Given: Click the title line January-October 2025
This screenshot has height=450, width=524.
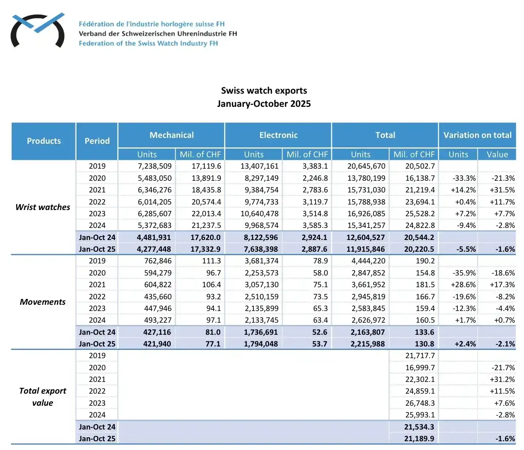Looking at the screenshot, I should [x=264, y=104].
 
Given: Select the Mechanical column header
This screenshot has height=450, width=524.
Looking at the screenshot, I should [x=171, y=135].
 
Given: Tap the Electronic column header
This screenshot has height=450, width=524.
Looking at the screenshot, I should [x=278, y=135].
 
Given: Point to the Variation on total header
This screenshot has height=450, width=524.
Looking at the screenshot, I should [x=477, y=135].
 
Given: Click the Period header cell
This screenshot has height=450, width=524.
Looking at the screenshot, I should [x=97, y=141].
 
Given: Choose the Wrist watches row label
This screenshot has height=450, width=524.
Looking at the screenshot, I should [x=43, y=207].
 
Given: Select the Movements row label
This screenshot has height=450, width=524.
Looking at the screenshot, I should [x=43, y=302].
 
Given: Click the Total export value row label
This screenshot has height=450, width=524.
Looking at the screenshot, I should [x=43, y=397].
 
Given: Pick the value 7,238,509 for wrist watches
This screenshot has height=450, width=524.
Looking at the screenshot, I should [x=155, y=166].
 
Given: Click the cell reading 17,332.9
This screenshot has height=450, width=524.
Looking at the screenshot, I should [x=206, y=249].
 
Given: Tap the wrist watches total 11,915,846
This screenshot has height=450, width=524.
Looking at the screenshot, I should [x=366, y=249].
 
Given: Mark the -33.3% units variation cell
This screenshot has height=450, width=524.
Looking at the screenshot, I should [x=464, y=178].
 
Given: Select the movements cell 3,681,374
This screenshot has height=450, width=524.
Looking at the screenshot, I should [x=261, y=261].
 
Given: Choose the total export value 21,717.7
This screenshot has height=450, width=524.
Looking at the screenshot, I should [x=420, y=356].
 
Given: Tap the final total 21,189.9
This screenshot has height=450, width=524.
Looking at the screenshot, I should [x=419, y=439].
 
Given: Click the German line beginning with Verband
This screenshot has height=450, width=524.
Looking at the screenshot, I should [x=158, y=34].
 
